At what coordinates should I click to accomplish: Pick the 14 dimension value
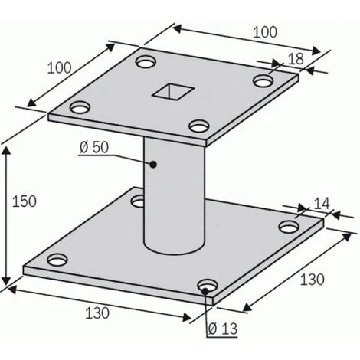[x=320, y=203]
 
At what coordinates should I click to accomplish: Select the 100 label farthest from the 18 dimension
[x=65, y=67]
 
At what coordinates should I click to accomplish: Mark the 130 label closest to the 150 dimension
[x=97, y=313]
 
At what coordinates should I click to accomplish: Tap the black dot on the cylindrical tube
[x=153, y=163]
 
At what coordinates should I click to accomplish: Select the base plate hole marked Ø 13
[x=205, y=286]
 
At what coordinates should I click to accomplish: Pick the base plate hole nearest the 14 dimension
[x=289, y=227]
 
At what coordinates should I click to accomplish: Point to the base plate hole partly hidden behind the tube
[x=139, y=201]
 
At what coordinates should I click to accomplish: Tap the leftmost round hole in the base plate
[x=56, y=259]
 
